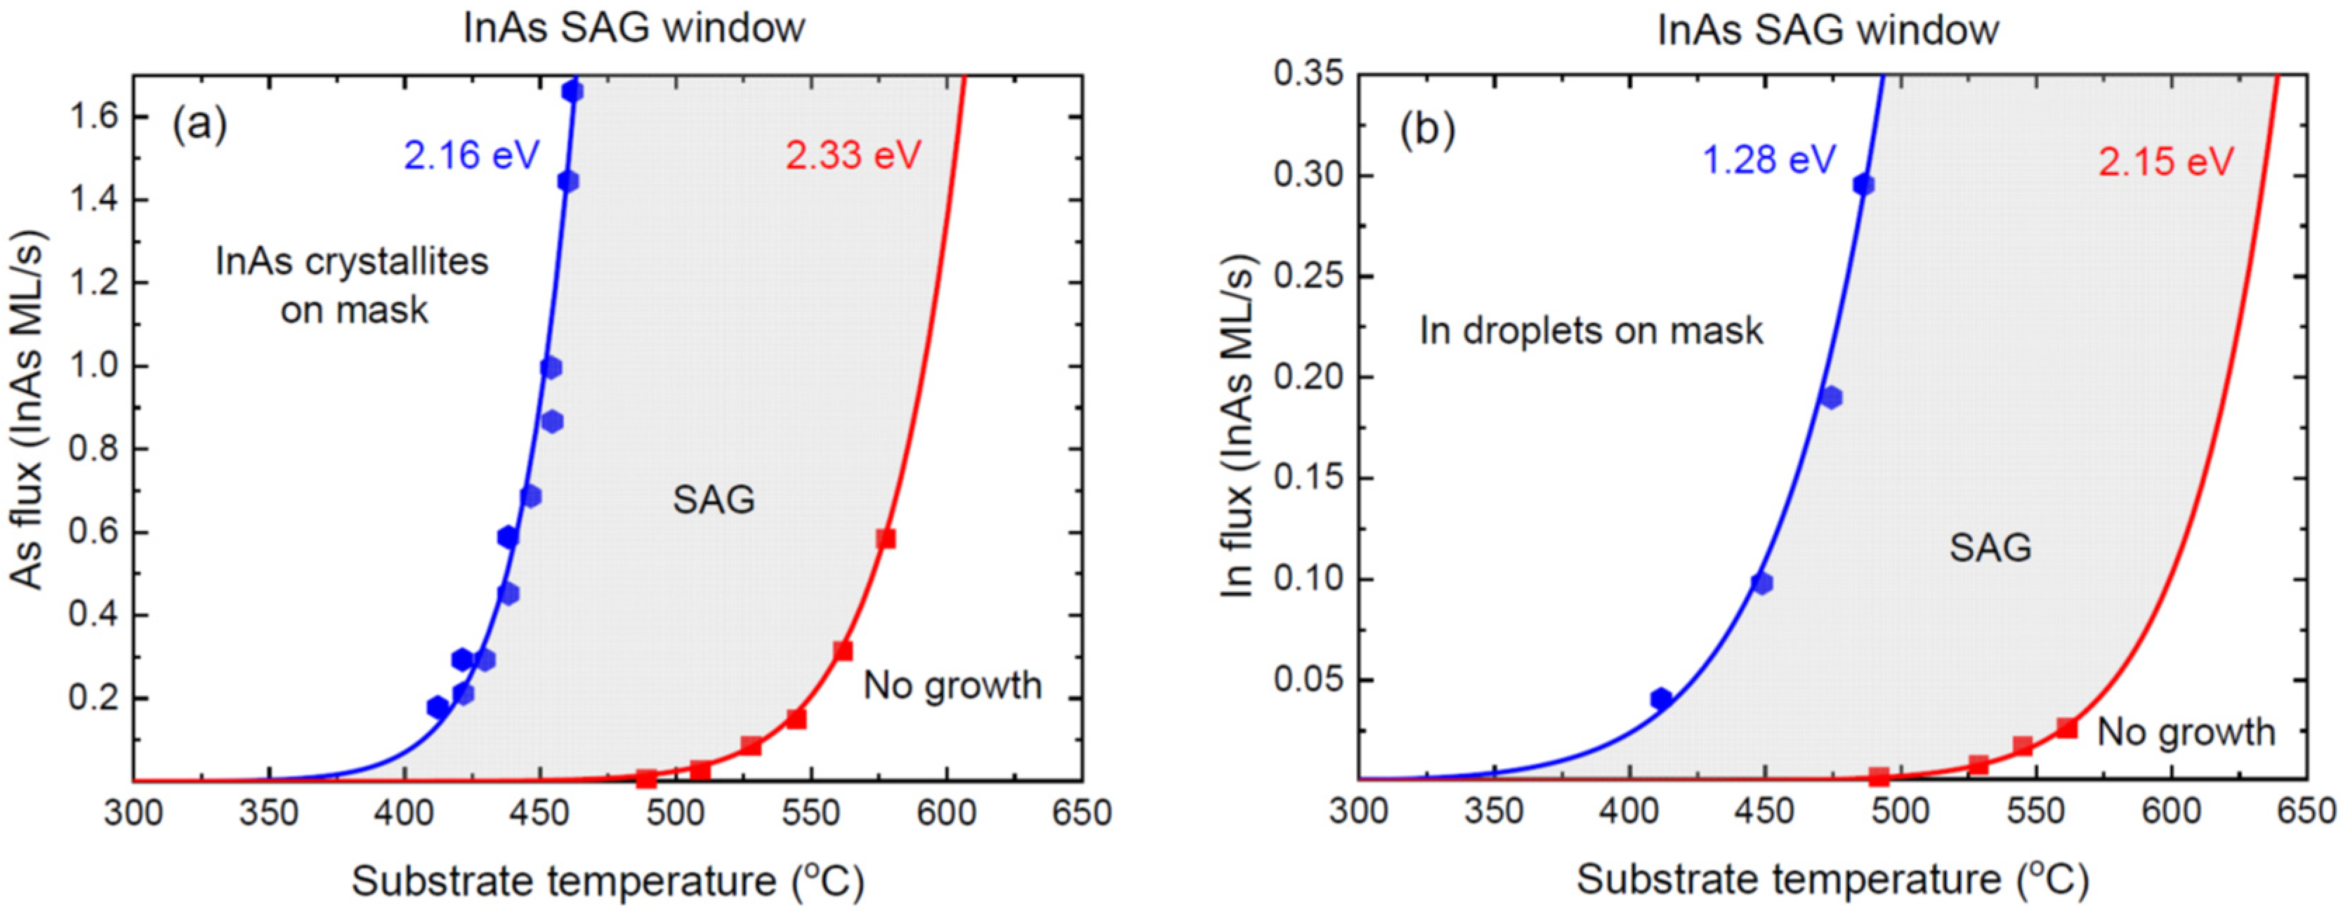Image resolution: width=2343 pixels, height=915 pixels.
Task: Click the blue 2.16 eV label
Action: tap(471, 155)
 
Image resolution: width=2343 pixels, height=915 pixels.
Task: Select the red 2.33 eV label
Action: tap(853, 155)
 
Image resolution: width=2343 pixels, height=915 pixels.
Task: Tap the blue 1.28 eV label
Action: tap(1769, 160)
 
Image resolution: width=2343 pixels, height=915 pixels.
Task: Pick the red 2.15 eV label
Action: tap(2165, 162)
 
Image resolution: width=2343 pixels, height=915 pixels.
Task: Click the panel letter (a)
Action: tap(199, 124)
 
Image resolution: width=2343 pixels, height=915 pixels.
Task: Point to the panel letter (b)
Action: tap(1427, 129)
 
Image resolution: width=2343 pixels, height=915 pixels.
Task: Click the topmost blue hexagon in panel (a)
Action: tap(572, 92)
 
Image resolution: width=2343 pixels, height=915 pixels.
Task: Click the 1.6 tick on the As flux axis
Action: tap(96, 117)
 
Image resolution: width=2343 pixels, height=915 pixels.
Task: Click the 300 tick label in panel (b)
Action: tap(1358, 812)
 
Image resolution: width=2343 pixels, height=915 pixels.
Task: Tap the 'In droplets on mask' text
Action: tap(1591, 330)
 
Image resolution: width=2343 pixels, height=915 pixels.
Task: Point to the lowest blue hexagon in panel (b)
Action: tap(1661, 699)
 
